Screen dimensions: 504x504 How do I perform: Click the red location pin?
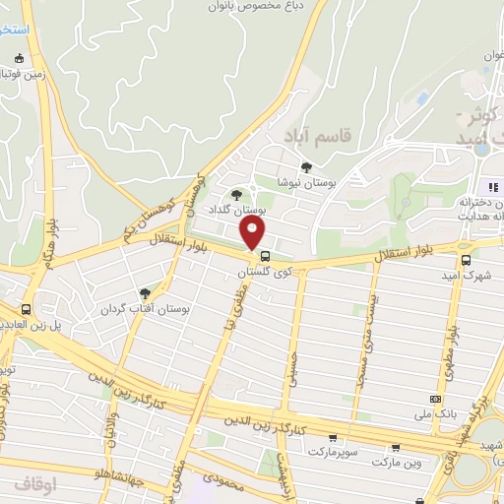pyautogui.click(x=254, y=233)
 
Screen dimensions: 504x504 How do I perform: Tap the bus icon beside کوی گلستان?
pyautogui.click(x=265, y=256)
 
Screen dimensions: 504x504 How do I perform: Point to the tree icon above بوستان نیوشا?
pyautogui.click(x=306, y=167)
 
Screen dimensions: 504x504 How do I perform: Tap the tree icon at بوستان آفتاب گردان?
pyautogui.click(x=146, y=293)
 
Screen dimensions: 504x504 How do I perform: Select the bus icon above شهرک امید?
pyautogui.click(x=466, y=260)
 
